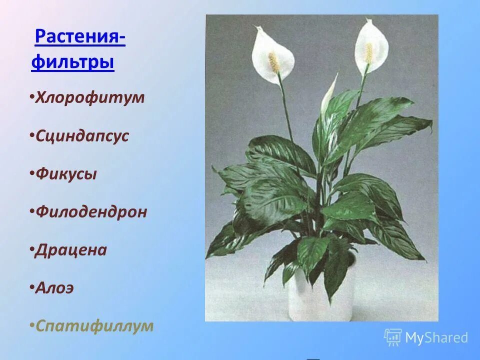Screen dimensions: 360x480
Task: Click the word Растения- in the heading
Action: (80, 37)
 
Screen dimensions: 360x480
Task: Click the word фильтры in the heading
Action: (72, 63)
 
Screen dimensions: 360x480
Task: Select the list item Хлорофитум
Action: (89, 97)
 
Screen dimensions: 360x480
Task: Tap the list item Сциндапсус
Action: (82, 136)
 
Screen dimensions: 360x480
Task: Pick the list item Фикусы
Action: (66, 174)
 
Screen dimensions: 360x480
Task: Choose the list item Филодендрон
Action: (91, 211)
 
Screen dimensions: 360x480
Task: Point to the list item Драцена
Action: (71, 249)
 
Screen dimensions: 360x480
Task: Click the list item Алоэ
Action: (54, 288)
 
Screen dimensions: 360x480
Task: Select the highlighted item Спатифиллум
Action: (94, 326)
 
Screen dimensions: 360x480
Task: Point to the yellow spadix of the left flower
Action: (273, 62)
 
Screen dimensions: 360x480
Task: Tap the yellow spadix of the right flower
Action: (369, 52)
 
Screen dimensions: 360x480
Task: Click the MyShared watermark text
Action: (436, 338)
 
